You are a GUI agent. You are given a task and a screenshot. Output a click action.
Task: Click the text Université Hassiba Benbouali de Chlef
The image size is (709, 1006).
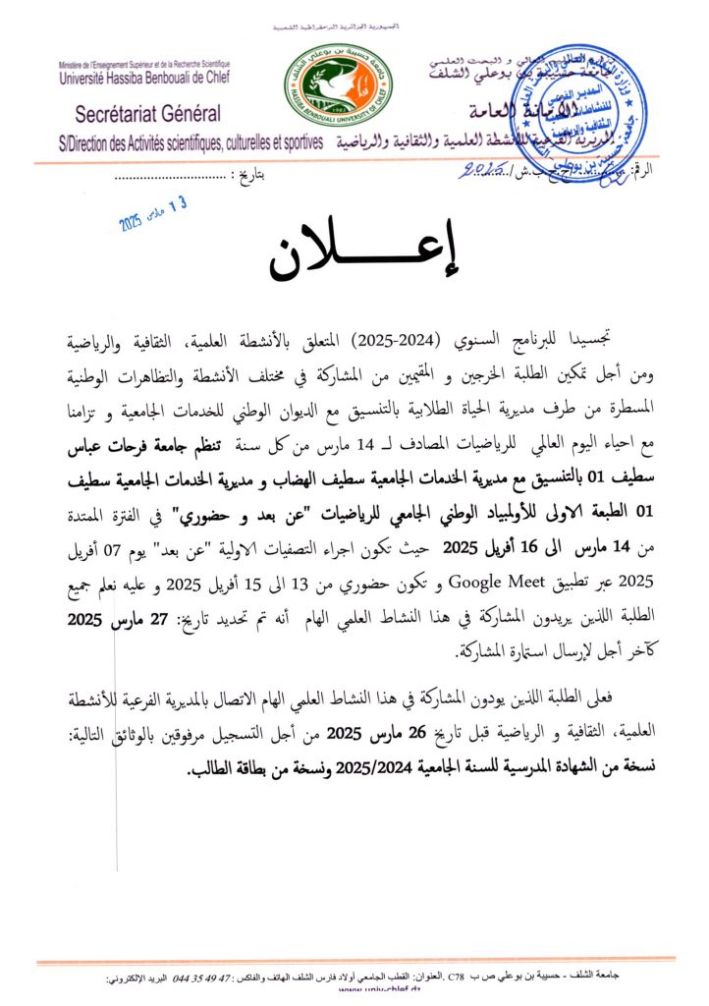143,74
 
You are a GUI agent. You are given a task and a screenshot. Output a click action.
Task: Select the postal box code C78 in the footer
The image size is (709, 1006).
458,980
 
